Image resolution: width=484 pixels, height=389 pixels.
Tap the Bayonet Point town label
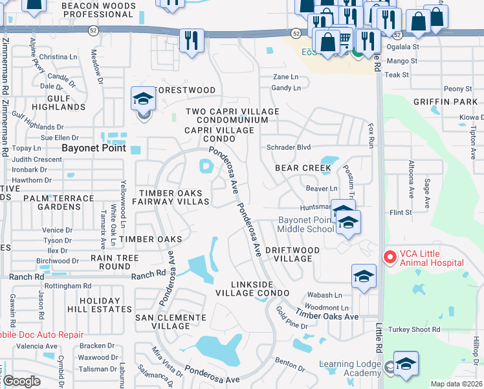(x=92, y=148)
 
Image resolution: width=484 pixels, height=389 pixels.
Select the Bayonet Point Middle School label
(x=306, y=224)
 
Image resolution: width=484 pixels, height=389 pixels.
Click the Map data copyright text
(x=456, y=384)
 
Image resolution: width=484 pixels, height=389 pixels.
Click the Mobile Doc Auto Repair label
(x=41, y=335)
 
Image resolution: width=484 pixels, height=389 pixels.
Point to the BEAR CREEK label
(x=303, y=168)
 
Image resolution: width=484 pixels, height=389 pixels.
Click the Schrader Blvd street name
(x=289, y=147)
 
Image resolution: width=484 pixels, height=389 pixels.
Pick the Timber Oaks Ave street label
(x=327, y=316)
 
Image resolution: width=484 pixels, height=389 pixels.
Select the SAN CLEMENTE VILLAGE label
(x=170, y=322)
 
